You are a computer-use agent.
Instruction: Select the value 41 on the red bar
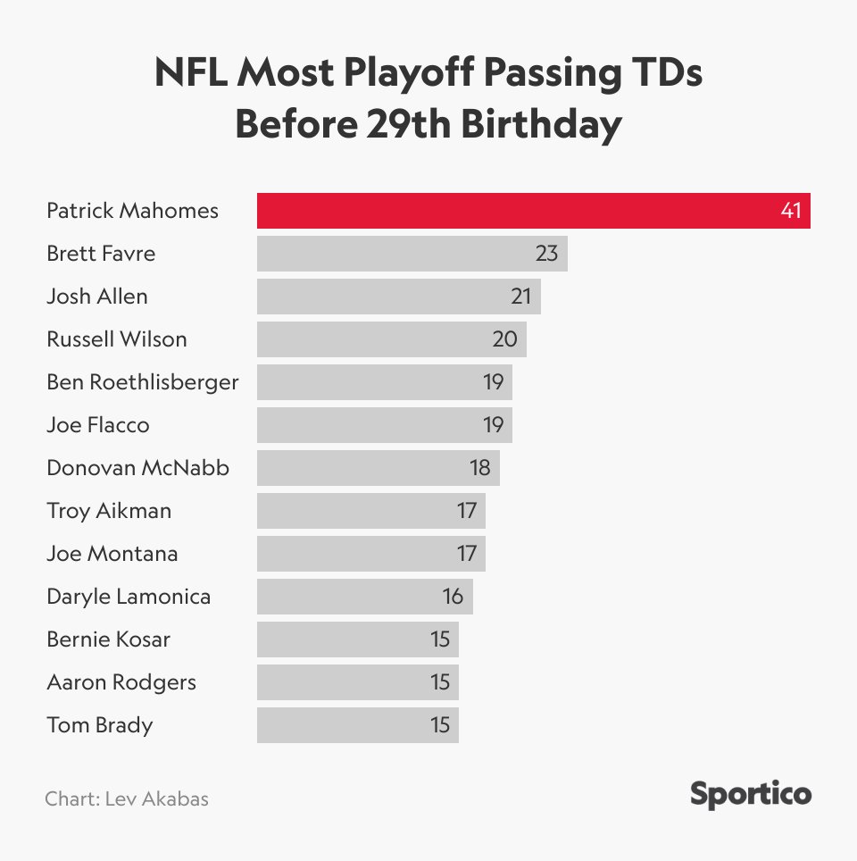pos(791,212)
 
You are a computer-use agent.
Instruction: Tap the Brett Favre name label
pos(101,254)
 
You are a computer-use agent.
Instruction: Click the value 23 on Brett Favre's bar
pos(546,254)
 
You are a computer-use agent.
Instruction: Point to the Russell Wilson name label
pos(117,339)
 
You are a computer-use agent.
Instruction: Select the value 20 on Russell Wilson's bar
pos(505,339)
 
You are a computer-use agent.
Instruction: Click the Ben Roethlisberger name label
pos(143,382)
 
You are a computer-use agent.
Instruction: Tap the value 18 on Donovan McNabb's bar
pos(479,468)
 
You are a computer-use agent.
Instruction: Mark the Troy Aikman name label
pos(109,511)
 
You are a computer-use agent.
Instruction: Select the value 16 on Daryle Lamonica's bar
pos(453,597)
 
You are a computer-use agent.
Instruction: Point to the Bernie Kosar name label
pos(108,639)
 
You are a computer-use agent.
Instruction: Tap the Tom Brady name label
pos(99,725)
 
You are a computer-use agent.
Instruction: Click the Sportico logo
pos(751,794)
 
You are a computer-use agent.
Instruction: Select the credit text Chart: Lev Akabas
pos(127,798)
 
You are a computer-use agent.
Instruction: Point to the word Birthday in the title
pos(541,125)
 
